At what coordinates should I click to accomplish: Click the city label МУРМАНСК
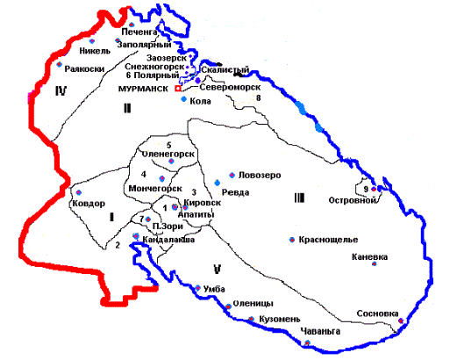point(145,90)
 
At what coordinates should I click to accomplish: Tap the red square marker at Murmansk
point(177,90)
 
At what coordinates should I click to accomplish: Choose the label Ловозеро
point(260,176)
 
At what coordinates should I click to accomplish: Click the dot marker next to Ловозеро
point(232,175)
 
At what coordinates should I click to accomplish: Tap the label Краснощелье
point(327,239)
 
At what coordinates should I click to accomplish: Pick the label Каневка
point(391,257)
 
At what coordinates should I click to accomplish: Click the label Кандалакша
point(166,239)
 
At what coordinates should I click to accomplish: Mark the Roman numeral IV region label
point(60,90)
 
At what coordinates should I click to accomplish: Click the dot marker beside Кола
point(183,99)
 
